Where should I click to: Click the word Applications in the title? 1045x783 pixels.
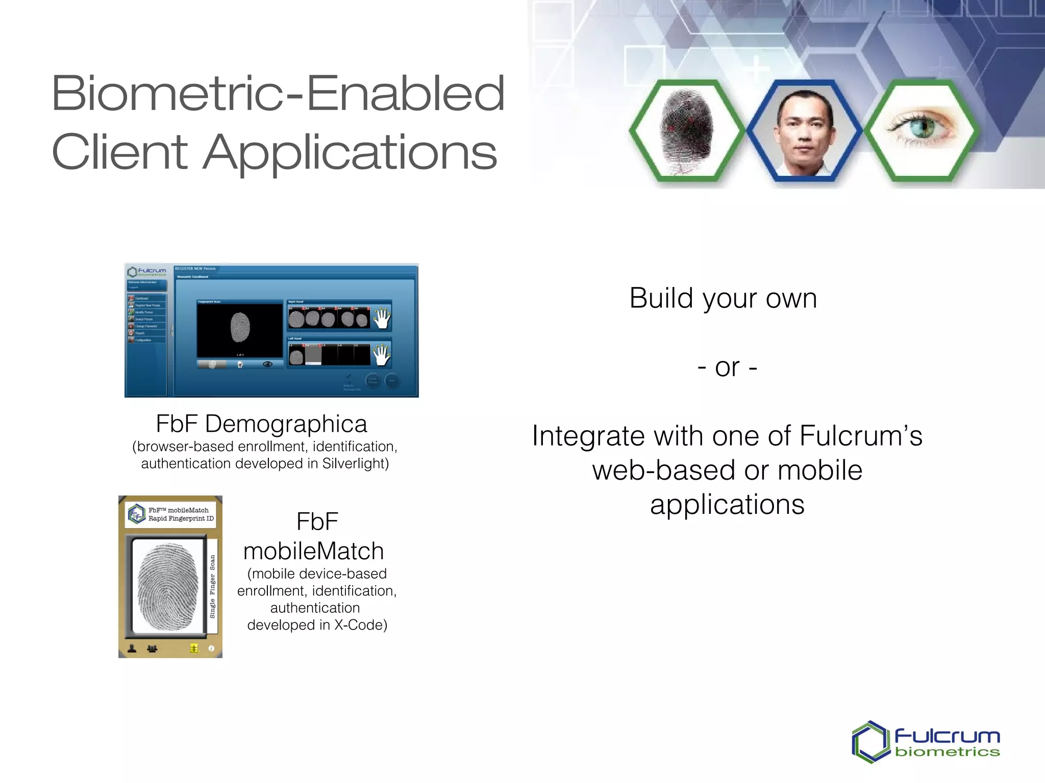point(351,152)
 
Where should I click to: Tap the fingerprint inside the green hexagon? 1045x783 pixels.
point(685,130)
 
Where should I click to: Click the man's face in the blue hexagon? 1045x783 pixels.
point(804,130)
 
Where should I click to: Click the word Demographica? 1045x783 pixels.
point(286,424)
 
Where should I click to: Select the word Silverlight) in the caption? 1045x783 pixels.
point(355,463)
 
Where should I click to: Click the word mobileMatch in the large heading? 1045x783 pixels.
point(313,551)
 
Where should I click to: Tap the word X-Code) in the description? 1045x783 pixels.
point(361,625)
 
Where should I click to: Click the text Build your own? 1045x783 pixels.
point(723,298)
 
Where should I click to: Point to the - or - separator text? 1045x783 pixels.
point(727,367)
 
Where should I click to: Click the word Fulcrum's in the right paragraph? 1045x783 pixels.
point(861,436)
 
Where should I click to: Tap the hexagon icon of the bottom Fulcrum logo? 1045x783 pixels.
point(870,742)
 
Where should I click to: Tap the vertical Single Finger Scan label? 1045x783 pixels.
point(212,587)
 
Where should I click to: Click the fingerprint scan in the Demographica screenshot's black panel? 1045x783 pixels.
point(240,328)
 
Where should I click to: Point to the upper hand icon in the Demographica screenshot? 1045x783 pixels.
point(382,318)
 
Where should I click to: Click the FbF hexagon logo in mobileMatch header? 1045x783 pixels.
point(136,514)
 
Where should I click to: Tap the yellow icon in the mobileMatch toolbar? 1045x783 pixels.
point(194,648)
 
